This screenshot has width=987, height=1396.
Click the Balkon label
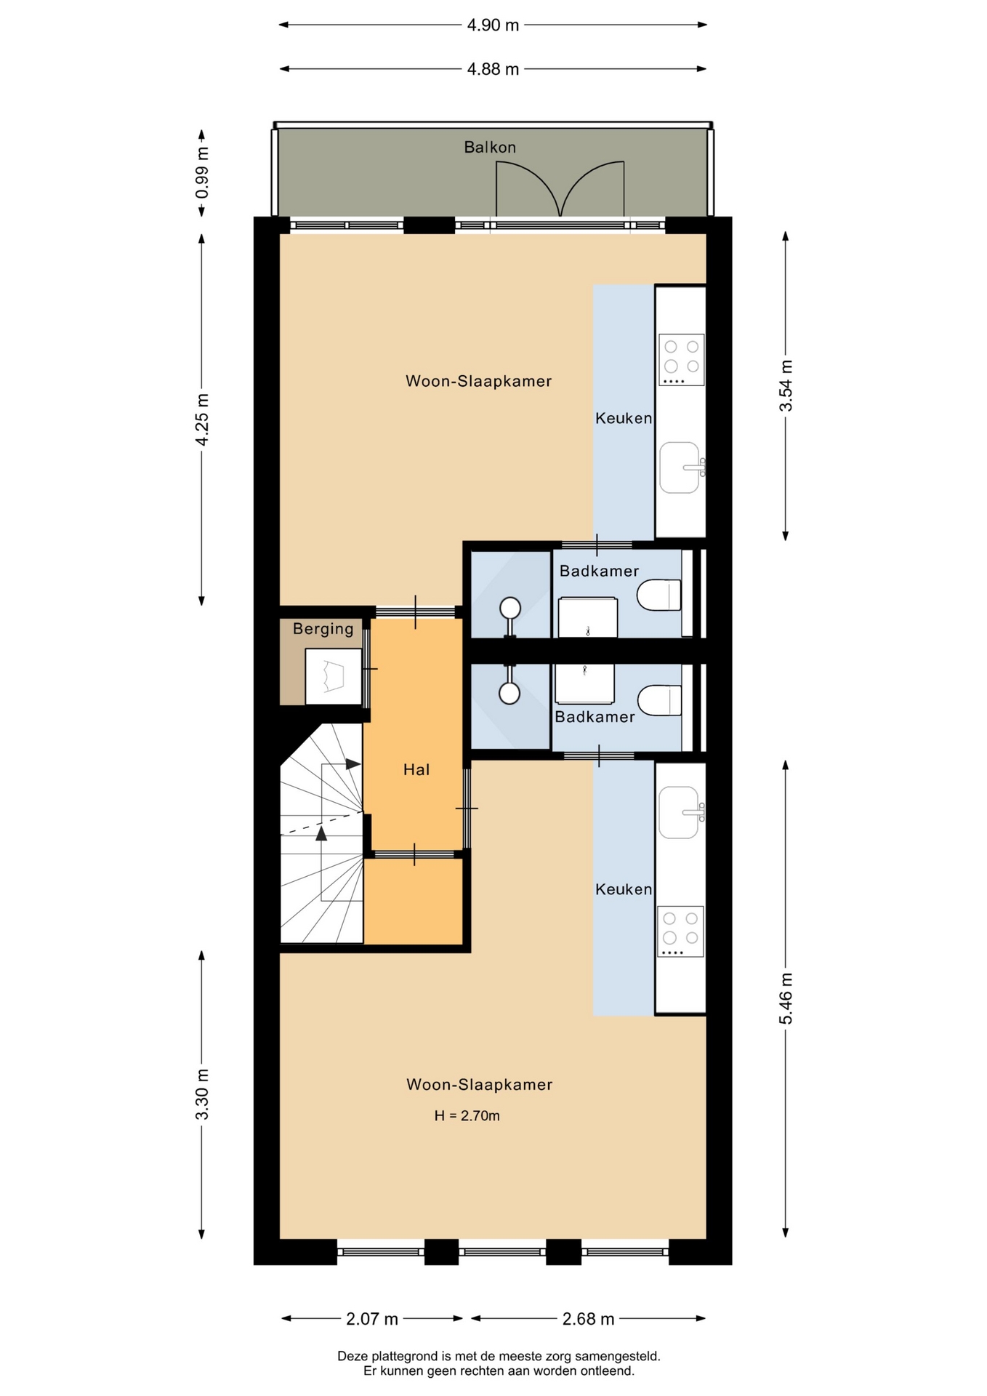(x=490, y=147)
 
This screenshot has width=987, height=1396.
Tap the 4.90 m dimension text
(x=493, y=25)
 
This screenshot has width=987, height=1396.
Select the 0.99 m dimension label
(x=202, y=172)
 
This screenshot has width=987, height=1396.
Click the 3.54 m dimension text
(x=786, y=385)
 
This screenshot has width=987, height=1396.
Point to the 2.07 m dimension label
(x=372, y=1319)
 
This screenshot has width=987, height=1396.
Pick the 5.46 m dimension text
(x=786, y=998)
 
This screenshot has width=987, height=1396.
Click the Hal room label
(x=416, y=769)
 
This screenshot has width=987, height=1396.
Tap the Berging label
(x=323, y=629)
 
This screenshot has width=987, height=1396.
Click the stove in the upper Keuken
(x=681, y=360)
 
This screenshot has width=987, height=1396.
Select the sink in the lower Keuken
(x=681, y=812)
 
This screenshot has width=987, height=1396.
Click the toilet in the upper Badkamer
(x=659, y=595)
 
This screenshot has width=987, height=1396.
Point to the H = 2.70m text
(x=467, y=1115)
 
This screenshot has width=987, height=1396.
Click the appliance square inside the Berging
(x=333, y=676)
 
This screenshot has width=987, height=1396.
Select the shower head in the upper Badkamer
(x=510, y=607)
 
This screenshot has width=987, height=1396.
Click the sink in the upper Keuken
(x=682, y=468)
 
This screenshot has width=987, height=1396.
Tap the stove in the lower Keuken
(x=680, y=931)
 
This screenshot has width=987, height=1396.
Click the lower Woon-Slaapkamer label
(x=479, y=1085)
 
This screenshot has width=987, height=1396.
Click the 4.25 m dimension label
(x=202, y=420)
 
